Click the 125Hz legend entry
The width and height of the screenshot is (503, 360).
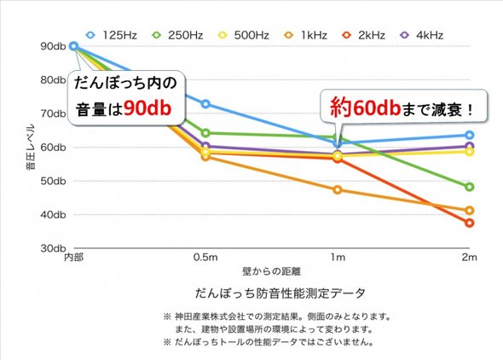[112, 35]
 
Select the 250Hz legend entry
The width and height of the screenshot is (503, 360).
[177, 35]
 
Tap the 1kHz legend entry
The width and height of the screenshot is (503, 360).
[306, 35]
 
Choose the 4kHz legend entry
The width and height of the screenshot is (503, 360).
[422, 35]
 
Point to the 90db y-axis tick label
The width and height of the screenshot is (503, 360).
[53, 46]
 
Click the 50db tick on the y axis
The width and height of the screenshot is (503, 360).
[53, 181]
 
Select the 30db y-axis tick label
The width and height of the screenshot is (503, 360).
[53, 248]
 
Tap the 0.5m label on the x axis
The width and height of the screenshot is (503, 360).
[205, 258]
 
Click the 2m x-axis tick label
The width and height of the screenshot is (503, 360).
[469, 258]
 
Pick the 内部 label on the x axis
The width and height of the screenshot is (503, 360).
[74, 258]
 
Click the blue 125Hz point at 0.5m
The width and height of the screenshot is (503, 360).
[205, 104]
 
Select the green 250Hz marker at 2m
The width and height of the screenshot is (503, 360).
[469, 187]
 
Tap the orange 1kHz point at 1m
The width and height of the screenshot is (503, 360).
[338, 190]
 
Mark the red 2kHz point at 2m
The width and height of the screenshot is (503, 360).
[469, 223]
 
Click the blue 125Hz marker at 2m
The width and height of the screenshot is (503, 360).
[469, 135]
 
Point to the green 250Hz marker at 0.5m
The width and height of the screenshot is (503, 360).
[205, 133]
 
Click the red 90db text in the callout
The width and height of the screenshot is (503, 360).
[147, 107]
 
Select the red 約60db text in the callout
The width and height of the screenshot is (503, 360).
[366, 107]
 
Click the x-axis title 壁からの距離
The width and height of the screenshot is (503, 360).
[271, 272]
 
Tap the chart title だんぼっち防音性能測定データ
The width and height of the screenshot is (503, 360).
[280, 293]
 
